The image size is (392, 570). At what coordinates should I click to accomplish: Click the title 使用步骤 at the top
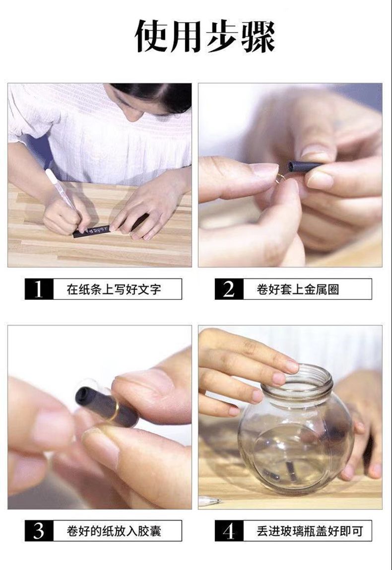click(x=205, y=36)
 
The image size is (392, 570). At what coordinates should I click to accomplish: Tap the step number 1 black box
click(x=39, y=289)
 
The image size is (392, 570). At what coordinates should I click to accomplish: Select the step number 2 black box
click(x=229, y=289)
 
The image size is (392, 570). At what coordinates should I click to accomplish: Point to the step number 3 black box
click(x=39, y=531)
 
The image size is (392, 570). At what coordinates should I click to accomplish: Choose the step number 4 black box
click(x=229, y=531)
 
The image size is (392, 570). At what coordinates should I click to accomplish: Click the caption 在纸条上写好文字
click(x=114, y=289)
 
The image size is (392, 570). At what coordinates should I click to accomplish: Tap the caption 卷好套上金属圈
click(x=298, y=289)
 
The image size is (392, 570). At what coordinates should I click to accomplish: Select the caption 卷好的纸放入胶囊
click(x=114, y=531)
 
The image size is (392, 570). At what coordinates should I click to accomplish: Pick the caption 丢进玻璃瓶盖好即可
click(x=310, y=531)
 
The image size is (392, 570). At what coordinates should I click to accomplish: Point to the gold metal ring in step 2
click(x=280, y=178)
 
